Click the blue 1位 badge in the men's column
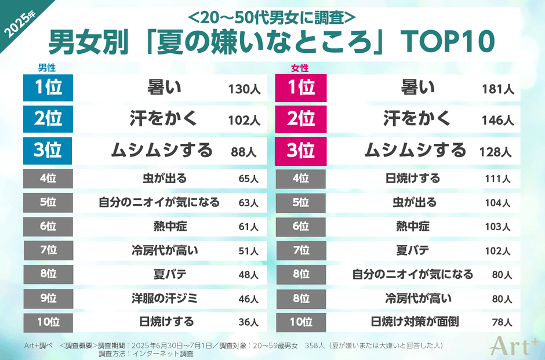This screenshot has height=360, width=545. [x=48, y=88]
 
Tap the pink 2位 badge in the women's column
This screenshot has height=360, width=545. [x=301, y=119]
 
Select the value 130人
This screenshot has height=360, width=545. [x=244, y=89]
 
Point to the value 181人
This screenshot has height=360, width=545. [x=497, y=89]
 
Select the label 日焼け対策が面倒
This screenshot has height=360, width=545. [x=415, y=321]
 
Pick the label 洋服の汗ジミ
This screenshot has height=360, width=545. [x=165, y=299]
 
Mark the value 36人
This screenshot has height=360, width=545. [x=248, y=322]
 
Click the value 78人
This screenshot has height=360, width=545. [x=502, y=322]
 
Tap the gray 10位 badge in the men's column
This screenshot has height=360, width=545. [x=48, y=322]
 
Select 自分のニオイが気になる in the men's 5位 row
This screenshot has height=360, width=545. [x=159, y=202]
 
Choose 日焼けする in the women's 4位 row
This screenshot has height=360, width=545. [x=413, y=178]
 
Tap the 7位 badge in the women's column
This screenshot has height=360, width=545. [x=301, y=250]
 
